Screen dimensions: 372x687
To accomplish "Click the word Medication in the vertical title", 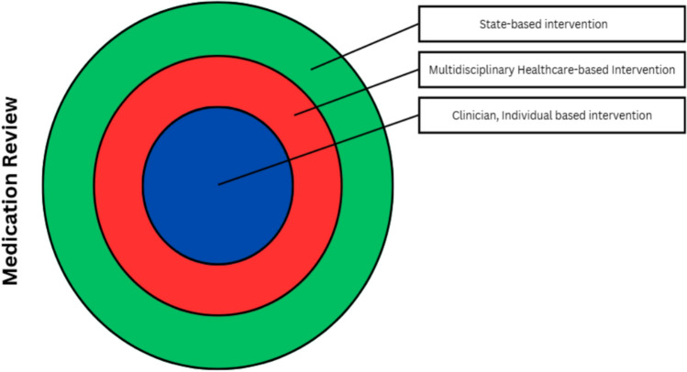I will click(x=14, y=234).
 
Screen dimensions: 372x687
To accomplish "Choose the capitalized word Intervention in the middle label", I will click(x=641, y=70).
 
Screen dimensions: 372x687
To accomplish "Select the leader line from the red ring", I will click(x=358, y=91).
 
